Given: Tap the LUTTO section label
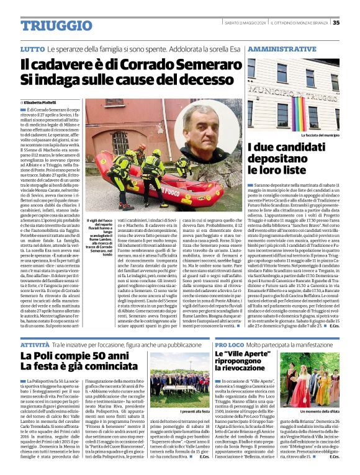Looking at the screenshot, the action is pos(32,48).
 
